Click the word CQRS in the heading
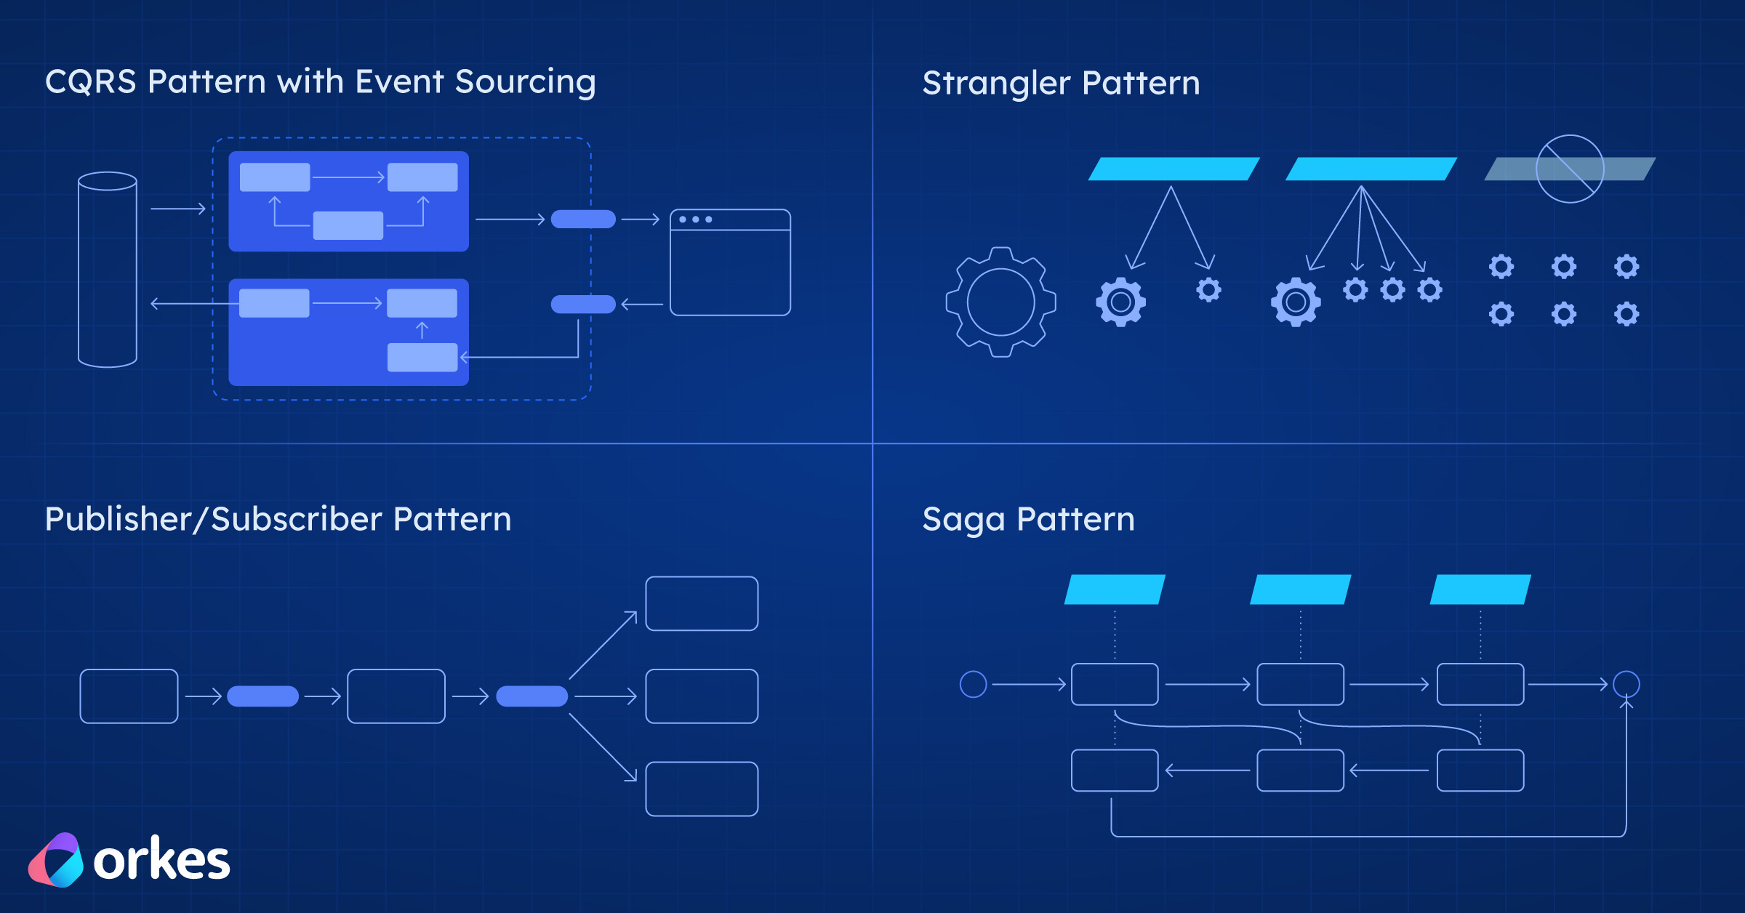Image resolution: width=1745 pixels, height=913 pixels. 90,81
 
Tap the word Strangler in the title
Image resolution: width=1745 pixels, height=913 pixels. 995,83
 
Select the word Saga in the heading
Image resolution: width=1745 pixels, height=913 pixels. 963,520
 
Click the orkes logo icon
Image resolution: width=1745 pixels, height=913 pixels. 57,861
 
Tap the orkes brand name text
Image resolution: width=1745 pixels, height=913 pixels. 161,861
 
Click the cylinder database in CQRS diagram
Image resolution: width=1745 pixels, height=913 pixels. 108,269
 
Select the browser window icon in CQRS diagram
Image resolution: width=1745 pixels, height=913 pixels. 730,262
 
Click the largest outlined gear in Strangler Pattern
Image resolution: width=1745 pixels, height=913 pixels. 1000,302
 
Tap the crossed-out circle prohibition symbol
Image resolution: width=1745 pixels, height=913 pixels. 1570,169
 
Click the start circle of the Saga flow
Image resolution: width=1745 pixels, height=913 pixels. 973,684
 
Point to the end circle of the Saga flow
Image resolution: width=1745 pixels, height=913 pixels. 1626,684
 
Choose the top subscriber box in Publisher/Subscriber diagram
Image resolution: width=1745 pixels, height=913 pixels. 702,603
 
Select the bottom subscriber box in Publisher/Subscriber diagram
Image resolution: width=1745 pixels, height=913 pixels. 702,789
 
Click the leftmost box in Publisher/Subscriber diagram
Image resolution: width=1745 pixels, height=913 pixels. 129,696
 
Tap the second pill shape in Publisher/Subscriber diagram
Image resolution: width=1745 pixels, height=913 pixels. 531,696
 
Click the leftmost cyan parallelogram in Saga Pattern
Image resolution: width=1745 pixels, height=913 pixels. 1115,590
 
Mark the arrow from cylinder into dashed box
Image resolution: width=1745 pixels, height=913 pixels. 178,209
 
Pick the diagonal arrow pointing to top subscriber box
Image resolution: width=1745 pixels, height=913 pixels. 603,645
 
